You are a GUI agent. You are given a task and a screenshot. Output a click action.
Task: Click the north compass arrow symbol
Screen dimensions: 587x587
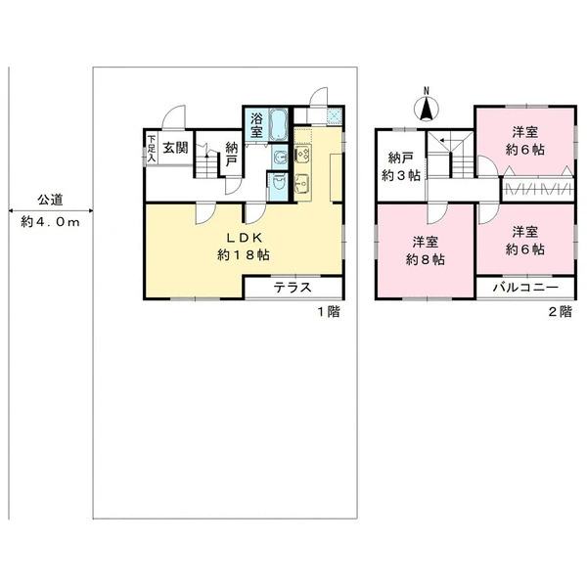[426, 109]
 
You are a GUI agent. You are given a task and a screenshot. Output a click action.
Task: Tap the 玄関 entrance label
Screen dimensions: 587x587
[175, 148]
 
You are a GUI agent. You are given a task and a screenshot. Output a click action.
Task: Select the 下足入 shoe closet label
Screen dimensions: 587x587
[151, 149]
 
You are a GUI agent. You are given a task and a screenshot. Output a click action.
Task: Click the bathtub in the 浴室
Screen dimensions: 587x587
[278, 124]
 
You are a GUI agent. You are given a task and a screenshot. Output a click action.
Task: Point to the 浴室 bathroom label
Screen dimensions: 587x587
[256, 125]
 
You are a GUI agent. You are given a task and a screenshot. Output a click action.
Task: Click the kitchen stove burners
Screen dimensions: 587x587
[302, 154]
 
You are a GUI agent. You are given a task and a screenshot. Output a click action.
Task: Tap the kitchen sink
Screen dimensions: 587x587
[302, 184]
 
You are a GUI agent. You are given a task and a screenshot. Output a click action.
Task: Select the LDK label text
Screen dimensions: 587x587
[244, 238]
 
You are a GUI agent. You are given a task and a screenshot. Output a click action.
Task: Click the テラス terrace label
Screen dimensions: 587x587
[293, 288]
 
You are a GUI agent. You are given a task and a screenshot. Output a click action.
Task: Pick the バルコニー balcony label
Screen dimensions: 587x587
[525, 287]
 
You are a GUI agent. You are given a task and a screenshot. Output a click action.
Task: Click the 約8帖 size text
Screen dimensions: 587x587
[426, 259]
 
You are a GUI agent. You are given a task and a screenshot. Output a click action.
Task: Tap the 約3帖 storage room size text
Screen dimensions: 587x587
[401, 175]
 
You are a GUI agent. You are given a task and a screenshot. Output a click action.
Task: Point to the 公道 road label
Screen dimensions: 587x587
[50, 200]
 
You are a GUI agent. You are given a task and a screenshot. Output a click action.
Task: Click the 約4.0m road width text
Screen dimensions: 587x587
[50, 222]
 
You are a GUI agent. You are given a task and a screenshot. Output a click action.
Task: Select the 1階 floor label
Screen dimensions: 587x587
[329, 311]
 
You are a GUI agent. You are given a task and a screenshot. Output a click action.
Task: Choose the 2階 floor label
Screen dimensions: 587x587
[560, 311]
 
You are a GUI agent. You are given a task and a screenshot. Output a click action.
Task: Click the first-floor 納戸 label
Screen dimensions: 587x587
[231, 155]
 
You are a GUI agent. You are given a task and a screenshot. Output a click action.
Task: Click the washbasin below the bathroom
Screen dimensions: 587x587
[279, 158]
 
